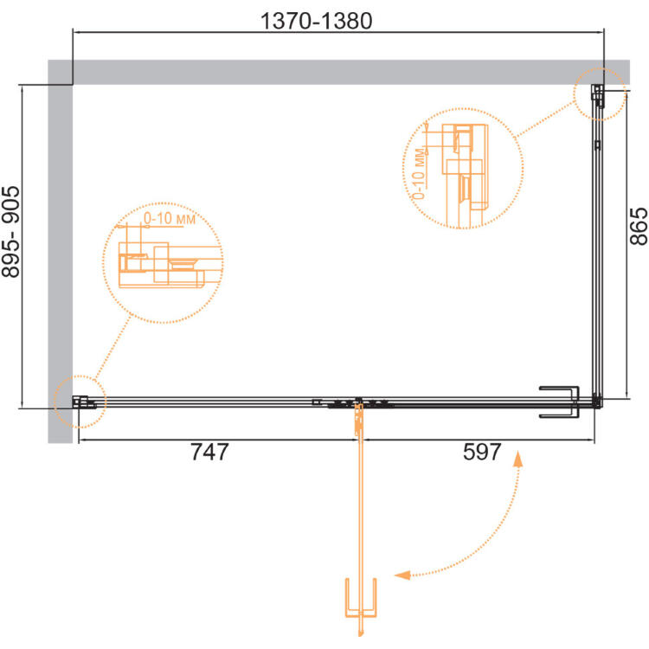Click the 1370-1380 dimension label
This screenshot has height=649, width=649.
coord(317,21)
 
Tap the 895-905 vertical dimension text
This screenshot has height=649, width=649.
coord(10,232)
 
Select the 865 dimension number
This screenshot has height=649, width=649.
coord(639,226)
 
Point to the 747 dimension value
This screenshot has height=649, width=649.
coord(209,452)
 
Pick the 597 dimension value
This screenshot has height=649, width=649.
coord(482,452)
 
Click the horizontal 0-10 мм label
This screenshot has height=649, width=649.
coord(170,218)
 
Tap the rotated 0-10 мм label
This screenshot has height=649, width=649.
coord(420,174)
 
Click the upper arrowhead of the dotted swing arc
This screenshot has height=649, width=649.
coord(517,459)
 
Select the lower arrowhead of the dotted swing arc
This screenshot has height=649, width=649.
coord(402,575)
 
